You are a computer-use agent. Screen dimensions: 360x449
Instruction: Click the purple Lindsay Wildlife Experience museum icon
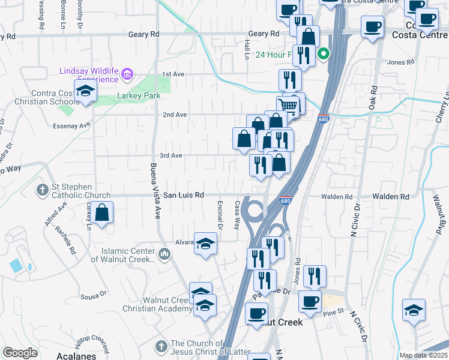(x=127, y=75)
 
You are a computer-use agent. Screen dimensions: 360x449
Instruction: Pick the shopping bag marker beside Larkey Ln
(x=103, y=213)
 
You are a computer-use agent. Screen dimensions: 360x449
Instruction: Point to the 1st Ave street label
(x=173, y=74)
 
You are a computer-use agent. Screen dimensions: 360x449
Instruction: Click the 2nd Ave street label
(x=175, y=115)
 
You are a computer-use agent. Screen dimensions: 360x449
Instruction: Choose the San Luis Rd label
(x=184, y=196)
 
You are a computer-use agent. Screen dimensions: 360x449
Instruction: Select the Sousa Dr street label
(x=94, y=296)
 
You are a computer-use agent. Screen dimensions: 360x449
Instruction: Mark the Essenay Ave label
(x=71, y=126)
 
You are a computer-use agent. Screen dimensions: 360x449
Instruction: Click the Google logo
(x=20, y=353)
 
